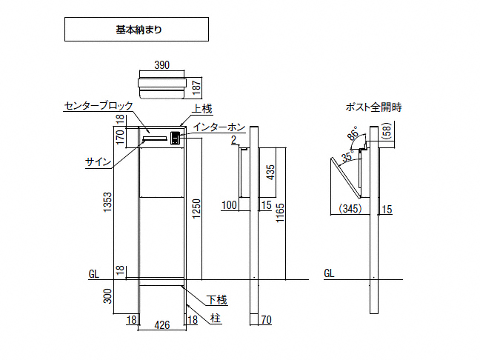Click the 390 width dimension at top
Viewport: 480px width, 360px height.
[x=161, y=65]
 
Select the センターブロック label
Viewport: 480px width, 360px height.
[x=98, y=107]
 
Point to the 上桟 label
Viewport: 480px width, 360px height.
[x=202, y=109]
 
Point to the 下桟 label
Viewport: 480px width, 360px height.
[x=216, y=300]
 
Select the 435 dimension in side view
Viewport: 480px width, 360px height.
[x=271, y=173]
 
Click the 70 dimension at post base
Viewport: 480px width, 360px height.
[x=267, y=321]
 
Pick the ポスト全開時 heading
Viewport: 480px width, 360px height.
[x=373, y=107]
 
